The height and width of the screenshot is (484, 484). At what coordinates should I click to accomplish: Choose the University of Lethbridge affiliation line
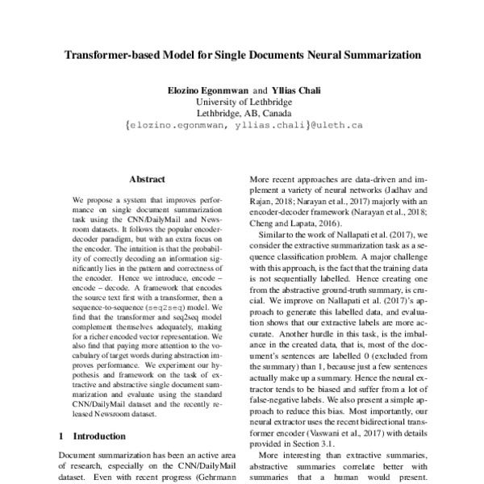tap(241, 102)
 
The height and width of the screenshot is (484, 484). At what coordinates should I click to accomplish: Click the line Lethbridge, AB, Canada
tap(241, 114)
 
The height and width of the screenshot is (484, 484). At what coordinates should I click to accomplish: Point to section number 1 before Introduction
tap(62, 436)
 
